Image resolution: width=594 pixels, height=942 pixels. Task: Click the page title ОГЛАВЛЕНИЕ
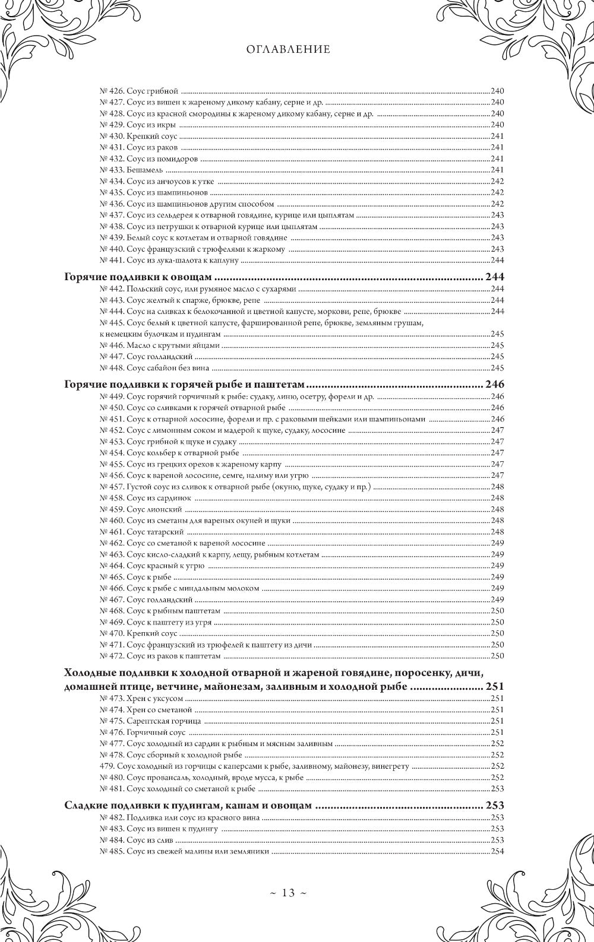[x=288, y=50]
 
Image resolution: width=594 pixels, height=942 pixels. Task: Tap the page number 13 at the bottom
[x=288, y=893]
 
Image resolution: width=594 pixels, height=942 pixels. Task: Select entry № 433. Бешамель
[x=131, y=170]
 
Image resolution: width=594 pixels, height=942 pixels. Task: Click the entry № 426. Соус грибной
[x=138, y=91]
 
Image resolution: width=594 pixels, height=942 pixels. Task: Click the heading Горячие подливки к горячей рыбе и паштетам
[x=184, y=384]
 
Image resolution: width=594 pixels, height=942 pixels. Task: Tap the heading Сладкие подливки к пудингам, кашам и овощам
[x=188, y=805]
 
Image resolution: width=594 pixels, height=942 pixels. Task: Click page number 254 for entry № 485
[x=497, y=851]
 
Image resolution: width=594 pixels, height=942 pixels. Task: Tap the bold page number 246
[x=494, y=384]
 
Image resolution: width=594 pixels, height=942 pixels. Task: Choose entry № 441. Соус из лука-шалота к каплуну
[x=169, y=261]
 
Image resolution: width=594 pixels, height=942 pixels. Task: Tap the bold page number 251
[x=494, y=687]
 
